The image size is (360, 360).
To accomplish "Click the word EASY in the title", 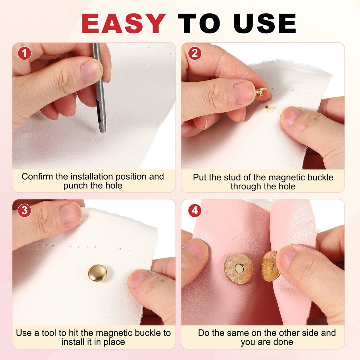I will click(123, 24).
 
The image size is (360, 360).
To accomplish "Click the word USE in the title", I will click(265, 24).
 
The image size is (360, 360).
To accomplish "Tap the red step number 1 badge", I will click(24, 53).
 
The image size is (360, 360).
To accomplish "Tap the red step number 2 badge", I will click(195, 53).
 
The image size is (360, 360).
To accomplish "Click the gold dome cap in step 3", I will click(97, 273).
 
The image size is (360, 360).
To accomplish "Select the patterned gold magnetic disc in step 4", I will click(239, 268).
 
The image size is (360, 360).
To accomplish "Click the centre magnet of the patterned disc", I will click(239, 268).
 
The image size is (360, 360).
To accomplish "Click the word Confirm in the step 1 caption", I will click(35, 177).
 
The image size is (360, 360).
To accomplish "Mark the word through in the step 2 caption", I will click(247, 186).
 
